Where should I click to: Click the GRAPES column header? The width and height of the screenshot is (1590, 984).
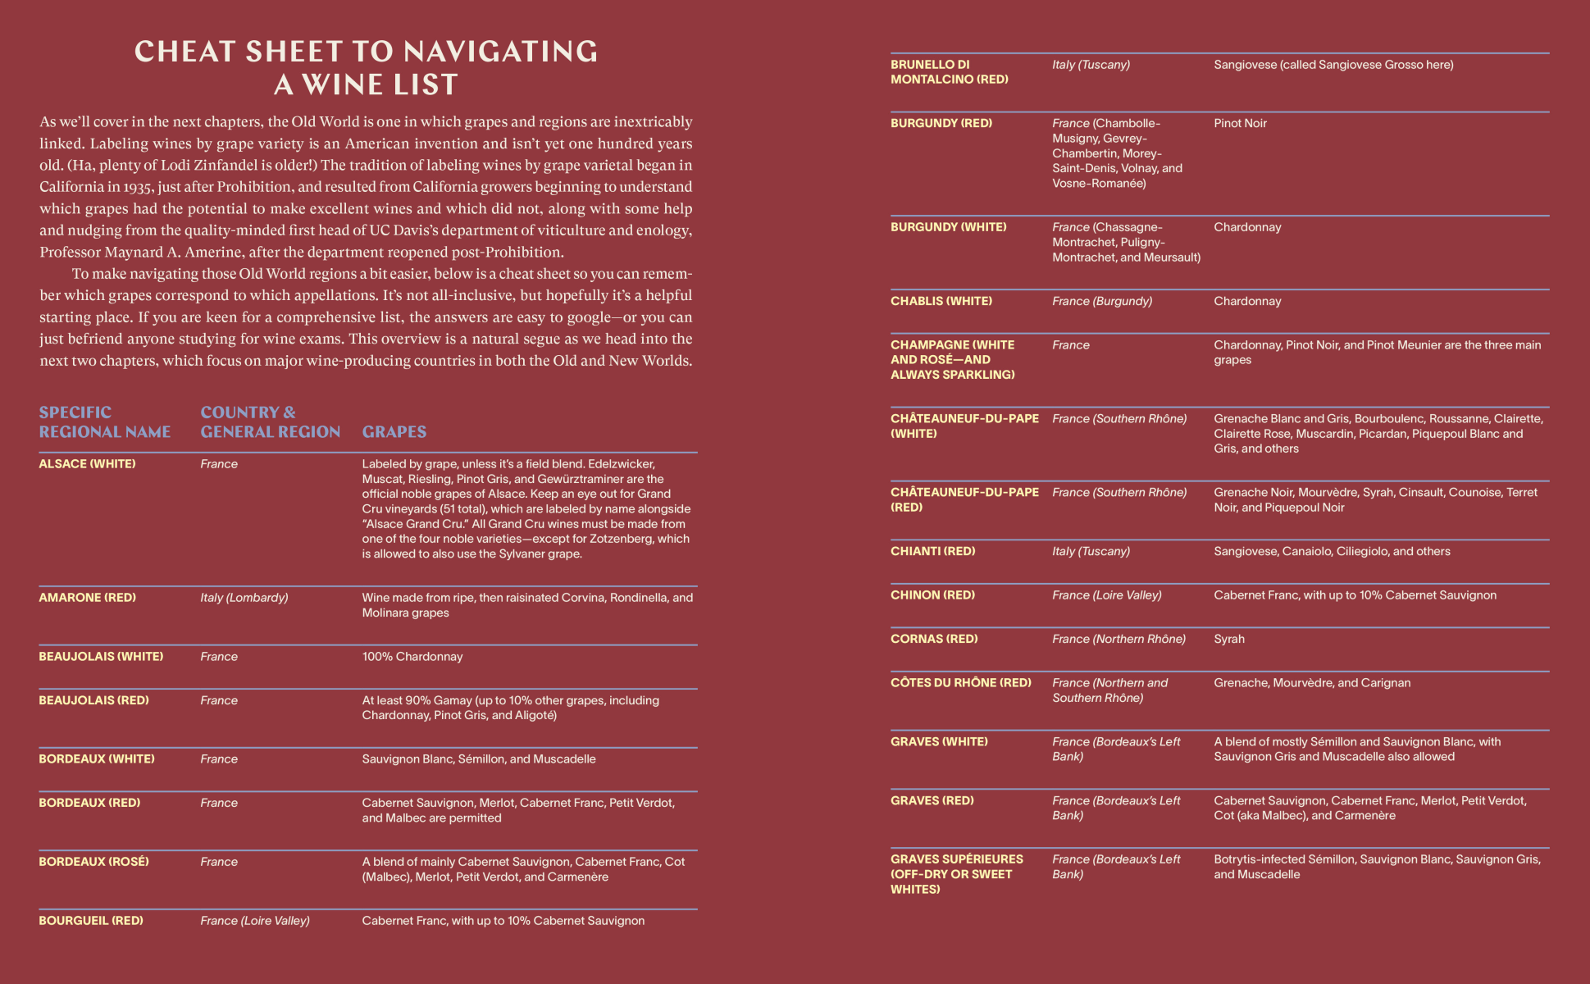pyautogui.click(x=394, y=432)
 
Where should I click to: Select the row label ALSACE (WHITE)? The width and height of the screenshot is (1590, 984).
pyautogui.click(x=88, y=464)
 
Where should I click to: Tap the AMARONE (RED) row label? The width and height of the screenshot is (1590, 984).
pyautogui.click(x=88, y=598)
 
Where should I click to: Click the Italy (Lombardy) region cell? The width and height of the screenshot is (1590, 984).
pyautogui.click(x=244, y=598)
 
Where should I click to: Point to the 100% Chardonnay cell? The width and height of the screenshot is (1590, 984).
pyautogui.click(x=412, y=657)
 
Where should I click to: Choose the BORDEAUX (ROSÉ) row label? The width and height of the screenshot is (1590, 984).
pyautogui.click(x=94, y=862)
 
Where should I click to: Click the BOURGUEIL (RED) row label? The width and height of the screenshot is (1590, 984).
pyautogui.click(x=91, y=921)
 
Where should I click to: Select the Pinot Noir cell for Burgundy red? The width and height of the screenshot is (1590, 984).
pyautogui.click(x=1240, y=124)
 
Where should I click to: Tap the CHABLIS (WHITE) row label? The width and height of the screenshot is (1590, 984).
pyautogui.click(x=941, y=302)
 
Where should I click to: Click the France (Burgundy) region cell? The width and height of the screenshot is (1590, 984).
pyautogui.click(x=1102, y=302)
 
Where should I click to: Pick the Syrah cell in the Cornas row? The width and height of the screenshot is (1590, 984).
pyautogui.click(x=1229, y=640)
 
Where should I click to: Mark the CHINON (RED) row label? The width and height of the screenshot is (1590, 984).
pyautogui.click(x=933, y=595)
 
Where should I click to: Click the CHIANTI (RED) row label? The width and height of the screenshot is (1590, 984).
pyautogui.click(x=933, y=552)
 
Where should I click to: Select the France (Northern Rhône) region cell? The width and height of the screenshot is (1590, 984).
pyautogui.click(x=1119, y=640)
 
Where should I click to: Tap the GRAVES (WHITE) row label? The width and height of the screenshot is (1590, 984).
pyautogui.click(x=940, y=742)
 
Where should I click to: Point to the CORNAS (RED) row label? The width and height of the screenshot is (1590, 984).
pyautogui.click(x=934, y=640)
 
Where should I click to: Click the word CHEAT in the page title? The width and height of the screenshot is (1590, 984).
pyautogui.click(x=185, y=52)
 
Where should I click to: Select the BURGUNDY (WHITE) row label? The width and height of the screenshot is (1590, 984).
pyautogui.click(x=949, y=227)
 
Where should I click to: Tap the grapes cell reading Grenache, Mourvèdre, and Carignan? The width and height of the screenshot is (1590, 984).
pyautogui.click(x=1312, y=683)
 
